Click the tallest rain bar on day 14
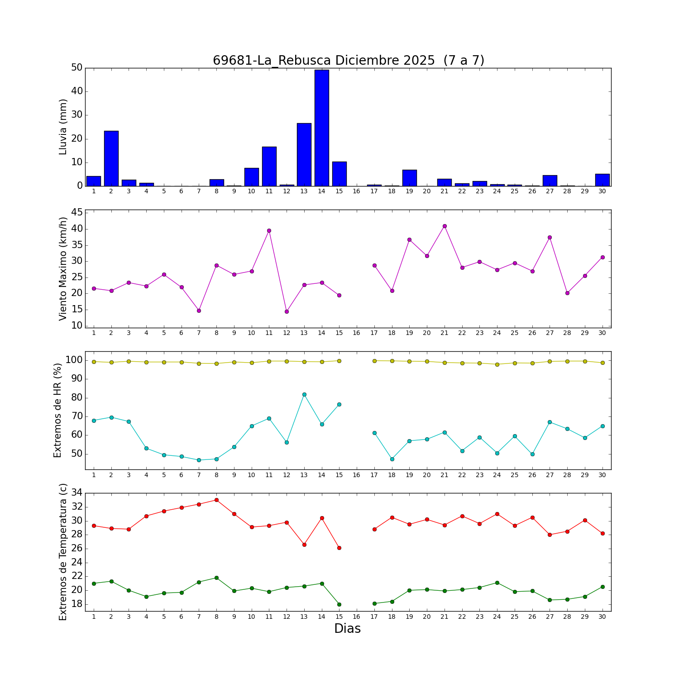321,128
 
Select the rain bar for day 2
111,158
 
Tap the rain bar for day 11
269,166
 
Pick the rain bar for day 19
409,178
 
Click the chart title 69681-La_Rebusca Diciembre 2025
348,60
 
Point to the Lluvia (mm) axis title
63,127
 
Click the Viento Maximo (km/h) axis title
63,268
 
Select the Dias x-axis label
347,628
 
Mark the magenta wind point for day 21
445,226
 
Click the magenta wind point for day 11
269,230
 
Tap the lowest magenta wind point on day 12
287,311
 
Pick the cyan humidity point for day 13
304,394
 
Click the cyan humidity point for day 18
392,459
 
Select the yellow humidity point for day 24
497,364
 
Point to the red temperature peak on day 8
216,500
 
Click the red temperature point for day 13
304,545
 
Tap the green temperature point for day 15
339,604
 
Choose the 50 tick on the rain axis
77,68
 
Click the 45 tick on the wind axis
77,212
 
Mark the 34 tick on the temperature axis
77,493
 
